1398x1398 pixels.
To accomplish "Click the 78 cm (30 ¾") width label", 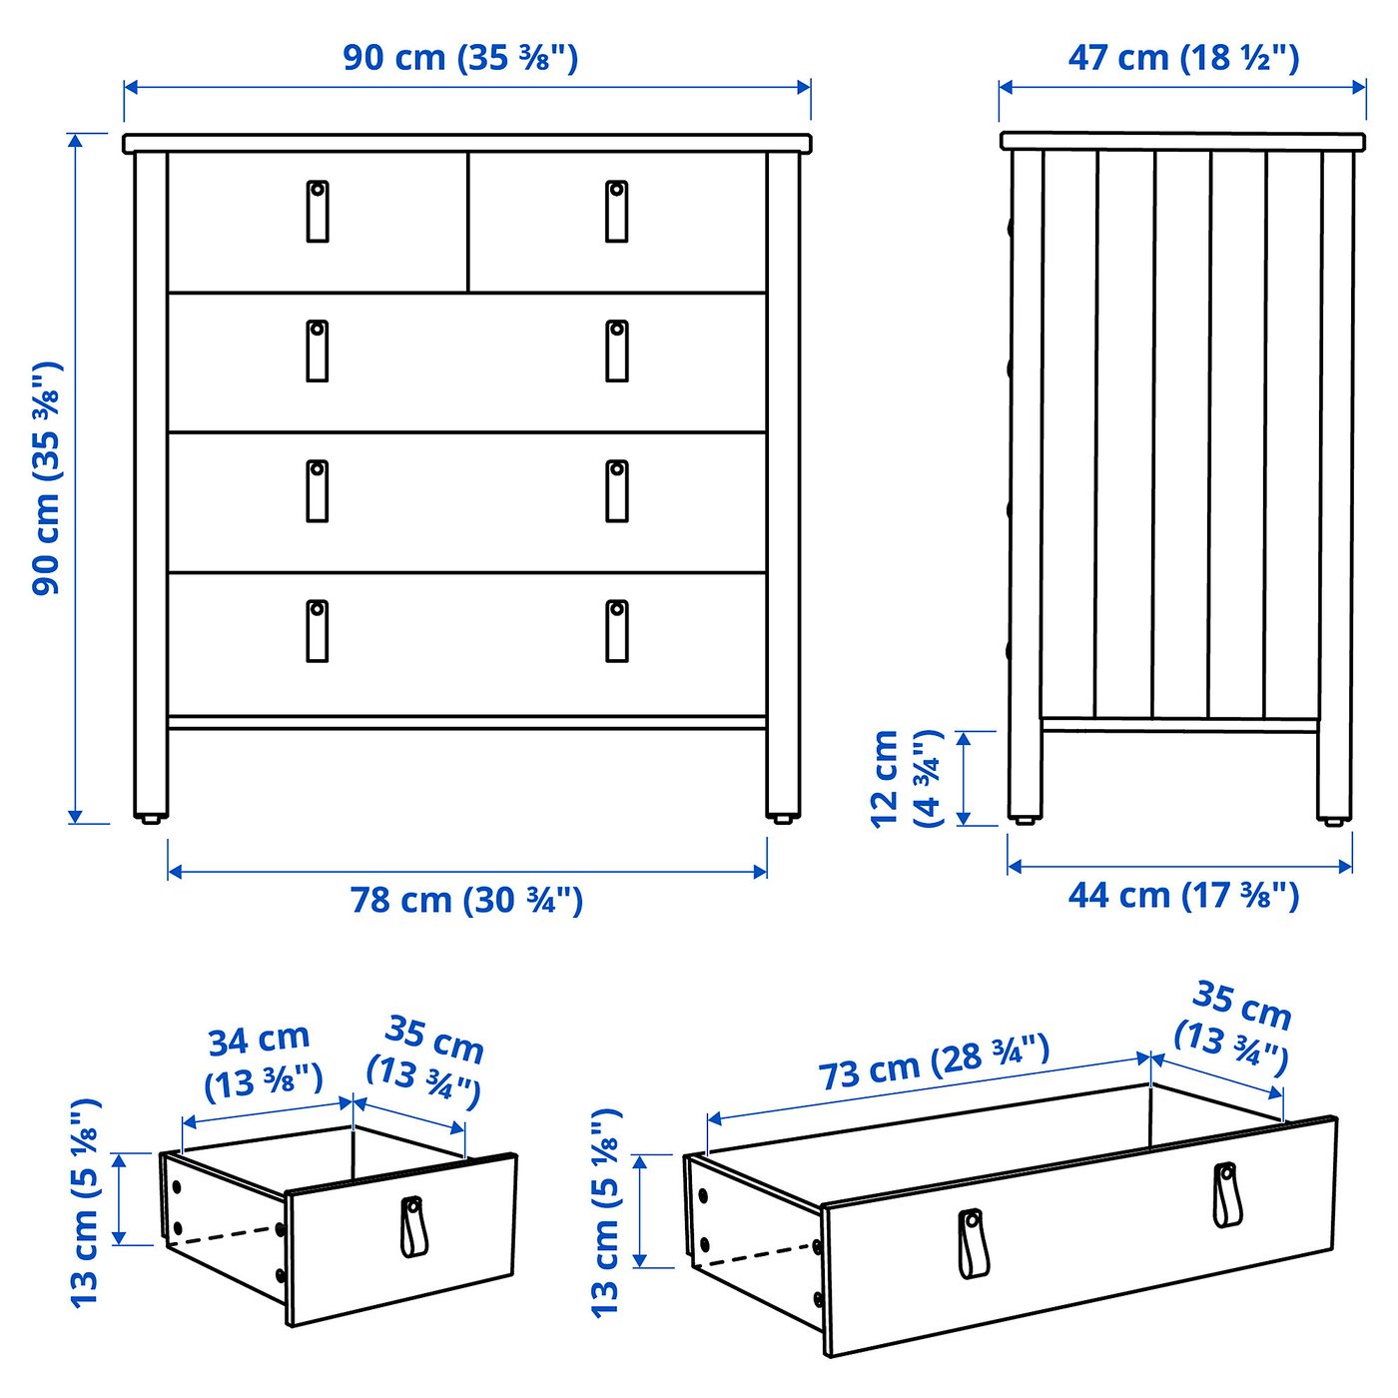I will (466, 900).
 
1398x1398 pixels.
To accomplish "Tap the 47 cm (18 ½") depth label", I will (1183, 58).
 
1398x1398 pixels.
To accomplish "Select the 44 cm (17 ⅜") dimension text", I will (1183, 896).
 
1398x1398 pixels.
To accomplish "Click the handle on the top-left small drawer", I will (318, 211).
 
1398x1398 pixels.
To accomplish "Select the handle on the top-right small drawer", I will (617, 211).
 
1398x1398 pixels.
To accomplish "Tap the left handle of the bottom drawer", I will (318, 630).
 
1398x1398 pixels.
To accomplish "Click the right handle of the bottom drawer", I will (617, 630).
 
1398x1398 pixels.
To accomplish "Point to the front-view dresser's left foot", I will (151, 818).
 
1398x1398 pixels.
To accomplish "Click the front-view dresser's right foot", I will (783, 818).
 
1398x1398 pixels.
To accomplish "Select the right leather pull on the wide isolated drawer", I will (1226, 1194).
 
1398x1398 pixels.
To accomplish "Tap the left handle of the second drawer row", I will (318, 350).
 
